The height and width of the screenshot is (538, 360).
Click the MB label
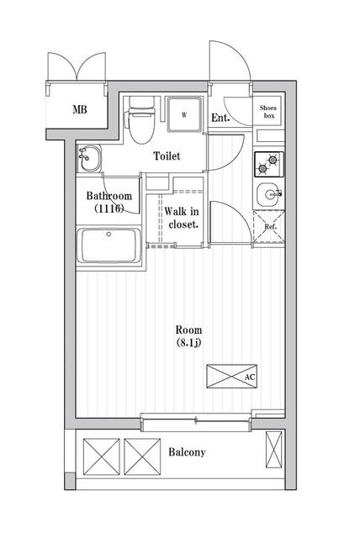tap(80, 109)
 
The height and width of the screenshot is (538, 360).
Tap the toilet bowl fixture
tap(141, 120)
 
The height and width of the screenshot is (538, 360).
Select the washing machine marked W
tap(184, 114)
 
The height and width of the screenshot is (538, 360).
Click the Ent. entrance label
tap(220, 118)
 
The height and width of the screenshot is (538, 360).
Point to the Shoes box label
tap(268, 112)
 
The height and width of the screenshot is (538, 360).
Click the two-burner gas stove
tap(269, 164)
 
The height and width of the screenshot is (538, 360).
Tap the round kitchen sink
tap(269, 194)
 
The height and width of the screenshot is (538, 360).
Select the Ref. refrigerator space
tap(269, 226)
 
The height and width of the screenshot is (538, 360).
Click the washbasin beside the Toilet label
tap(89, 158)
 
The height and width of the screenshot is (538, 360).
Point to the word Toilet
tap(167, 156)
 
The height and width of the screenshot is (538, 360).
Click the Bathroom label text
tap(109, 196)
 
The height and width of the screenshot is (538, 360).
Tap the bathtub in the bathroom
tap(109, 245)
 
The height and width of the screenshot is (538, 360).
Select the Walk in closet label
tap(182, 218)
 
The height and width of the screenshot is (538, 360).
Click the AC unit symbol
tap(231, 377)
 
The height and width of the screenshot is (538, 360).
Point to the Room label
tap(188, 330)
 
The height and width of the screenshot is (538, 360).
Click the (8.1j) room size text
tap(188, 342)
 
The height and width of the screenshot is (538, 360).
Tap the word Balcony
tap(187, 452)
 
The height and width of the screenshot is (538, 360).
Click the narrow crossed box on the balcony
tap(274, 450)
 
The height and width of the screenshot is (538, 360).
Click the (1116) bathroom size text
tap(109, 208)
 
